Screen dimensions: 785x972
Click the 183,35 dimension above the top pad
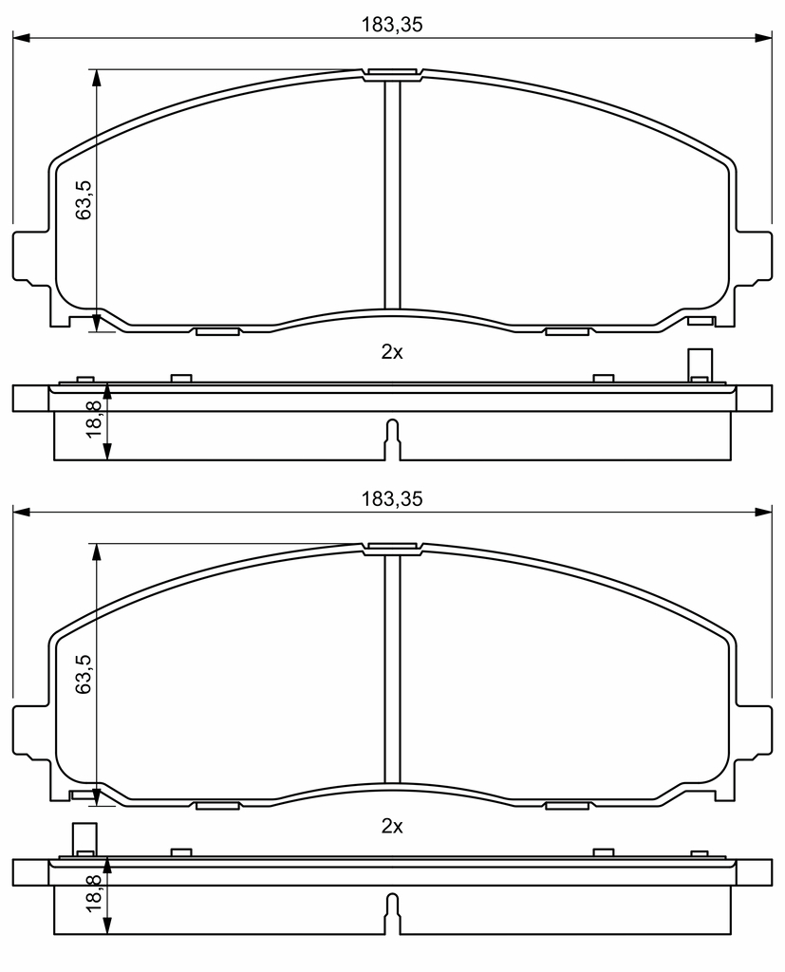(392, 24)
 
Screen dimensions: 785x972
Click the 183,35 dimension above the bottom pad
(392, 498)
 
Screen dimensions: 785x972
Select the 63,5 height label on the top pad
(84, 199)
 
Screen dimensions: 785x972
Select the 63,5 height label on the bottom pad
(84, 674)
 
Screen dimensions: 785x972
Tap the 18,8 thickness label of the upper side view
(94, 419)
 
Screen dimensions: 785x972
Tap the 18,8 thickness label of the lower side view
(94, 893)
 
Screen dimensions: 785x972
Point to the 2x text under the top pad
(392, 352)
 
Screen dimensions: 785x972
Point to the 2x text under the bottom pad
(392, 827)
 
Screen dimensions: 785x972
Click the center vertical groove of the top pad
(392, 196)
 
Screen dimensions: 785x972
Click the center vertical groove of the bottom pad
(392, 669)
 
